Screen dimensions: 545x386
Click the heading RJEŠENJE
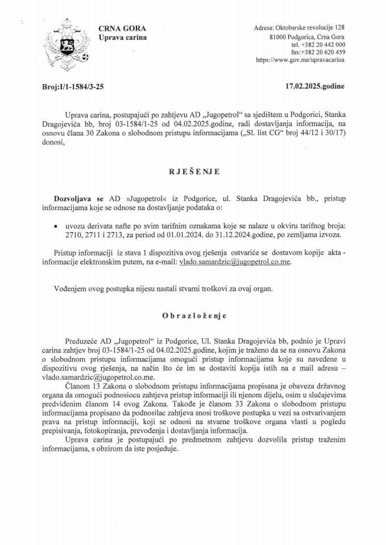[193, 170]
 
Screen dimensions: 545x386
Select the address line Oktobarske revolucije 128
[310, 28]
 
